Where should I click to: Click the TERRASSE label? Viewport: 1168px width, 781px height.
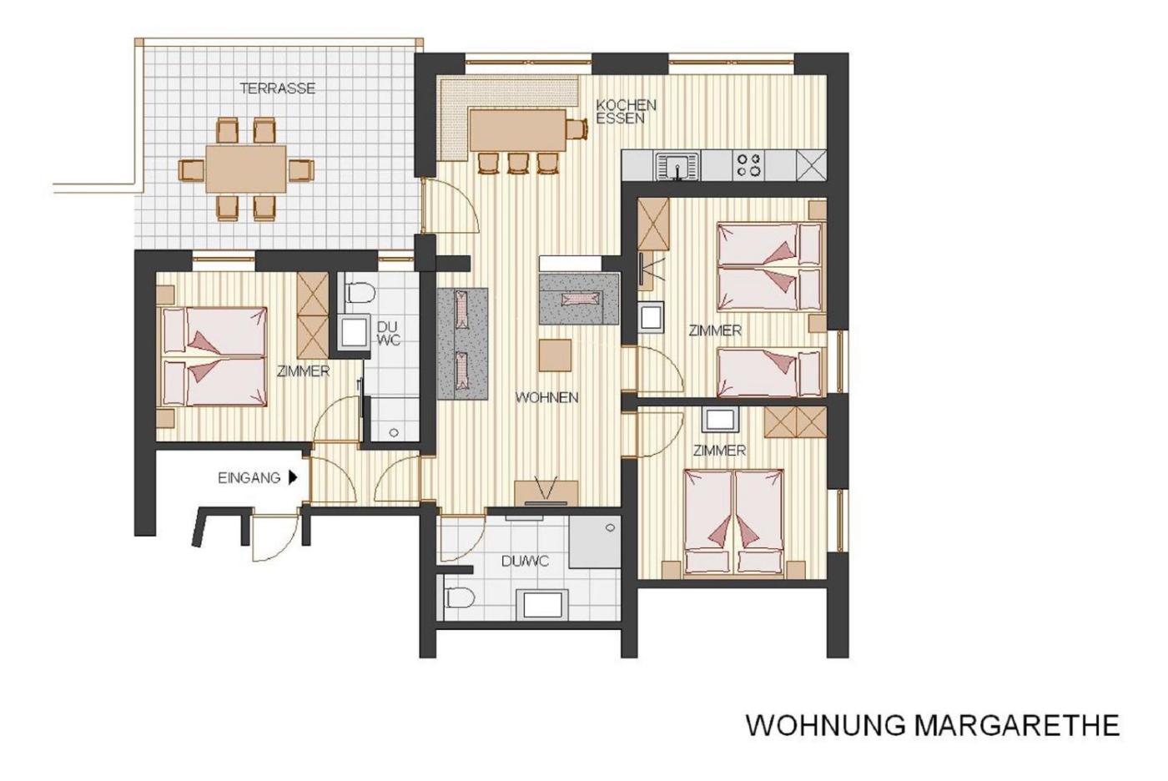277,88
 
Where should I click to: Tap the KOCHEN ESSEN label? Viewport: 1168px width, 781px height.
627,112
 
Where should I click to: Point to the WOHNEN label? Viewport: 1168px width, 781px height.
547,397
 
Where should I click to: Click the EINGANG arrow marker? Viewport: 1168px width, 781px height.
293,477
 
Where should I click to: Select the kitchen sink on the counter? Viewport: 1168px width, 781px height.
677,166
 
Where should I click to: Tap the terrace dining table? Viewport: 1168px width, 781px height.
246,169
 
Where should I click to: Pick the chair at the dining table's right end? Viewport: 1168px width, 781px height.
577,128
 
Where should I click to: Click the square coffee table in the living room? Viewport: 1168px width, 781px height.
555,355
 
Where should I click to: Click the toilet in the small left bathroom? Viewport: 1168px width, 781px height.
359,293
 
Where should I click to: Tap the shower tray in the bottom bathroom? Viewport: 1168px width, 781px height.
595,542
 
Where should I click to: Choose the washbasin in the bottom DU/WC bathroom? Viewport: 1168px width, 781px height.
542,605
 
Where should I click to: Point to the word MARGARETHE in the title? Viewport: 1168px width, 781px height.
1016,725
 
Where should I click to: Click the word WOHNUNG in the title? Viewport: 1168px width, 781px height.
825,725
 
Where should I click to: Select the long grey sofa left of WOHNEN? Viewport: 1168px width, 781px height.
462,344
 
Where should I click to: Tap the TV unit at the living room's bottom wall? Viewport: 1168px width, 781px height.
546,493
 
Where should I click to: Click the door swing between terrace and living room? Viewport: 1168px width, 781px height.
451,205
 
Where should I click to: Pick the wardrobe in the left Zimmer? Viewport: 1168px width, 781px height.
312,315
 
